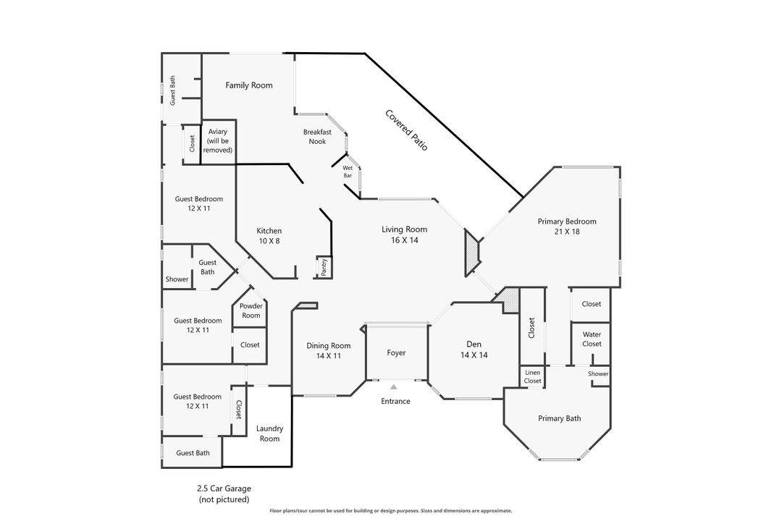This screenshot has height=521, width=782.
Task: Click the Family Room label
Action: tap(248, 85)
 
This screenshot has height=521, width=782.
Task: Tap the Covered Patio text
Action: tap(406, 130)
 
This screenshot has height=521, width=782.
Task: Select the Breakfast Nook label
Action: tap(317, 137)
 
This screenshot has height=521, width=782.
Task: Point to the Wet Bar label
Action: tap(348, 171)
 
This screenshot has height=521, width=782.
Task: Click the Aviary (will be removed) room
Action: tap(218, 140)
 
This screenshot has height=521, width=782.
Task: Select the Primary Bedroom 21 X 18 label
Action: tap(566, 226)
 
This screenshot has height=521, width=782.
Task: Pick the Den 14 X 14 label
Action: tap(474, 350)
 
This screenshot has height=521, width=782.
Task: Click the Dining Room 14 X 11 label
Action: tap(328, 351)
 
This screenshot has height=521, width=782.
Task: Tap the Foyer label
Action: tap(396, 353)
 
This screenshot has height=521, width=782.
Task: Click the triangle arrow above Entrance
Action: tap(394, 388)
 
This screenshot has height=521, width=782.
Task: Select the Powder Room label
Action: tap(251, 310)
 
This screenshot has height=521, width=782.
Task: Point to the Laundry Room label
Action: tap(269, 433)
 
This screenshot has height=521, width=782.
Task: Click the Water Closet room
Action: tap(592, 339)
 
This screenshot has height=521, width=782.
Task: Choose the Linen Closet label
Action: tap(532, 376)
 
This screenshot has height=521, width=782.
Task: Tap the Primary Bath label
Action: tap(559, 418)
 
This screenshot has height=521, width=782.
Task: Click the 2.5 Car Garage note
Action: tap(224, 494)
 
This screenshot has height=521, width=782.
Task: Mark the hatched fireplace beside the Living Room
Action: tap(473, 253)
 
